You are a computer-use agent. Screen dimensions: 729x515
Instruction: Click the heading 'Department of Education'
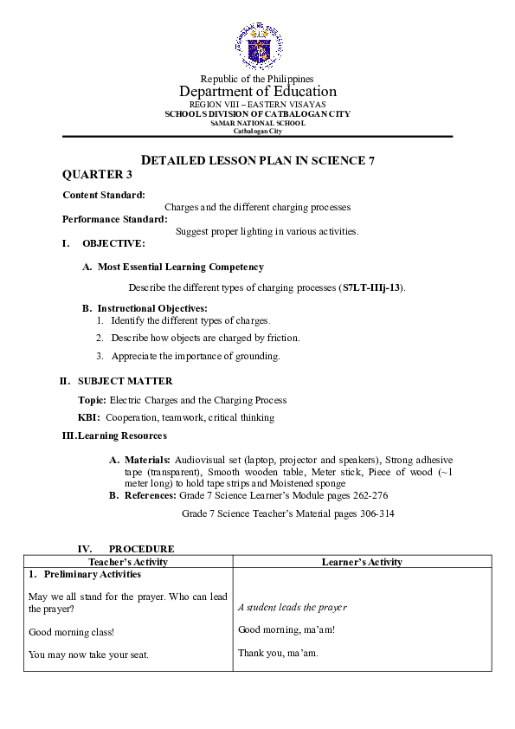257,92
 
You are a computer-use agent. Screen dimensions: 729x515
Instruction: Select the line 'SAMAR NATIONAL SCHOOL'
257,123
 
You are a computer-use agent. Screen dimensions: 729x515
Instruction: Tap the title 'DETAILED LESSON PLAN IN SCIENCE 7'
257,161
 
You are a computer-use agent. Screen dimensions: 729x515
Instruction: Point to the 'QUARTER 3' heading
92,175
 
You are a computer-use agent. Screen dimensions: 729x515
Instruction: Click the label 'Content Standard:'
104,196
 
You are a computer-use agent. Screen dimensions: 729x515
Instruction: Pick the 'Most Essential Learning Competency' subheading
180,268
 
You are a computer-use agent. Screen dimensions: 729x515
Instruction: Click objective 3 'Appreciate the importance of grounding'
195,356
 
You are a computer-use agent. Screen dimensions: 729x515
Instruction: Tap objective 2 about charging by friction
205,338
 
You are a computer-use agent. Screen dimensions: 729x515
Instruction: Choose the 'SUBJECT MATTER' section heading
125,381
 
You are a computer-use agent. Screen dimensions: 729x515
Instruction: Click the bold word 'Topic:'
92,400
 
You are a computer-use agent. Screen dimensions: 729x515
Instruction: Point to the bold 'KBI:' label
89,417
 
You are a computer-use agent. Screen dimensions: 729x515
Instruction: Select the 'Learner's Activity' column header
362,562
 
